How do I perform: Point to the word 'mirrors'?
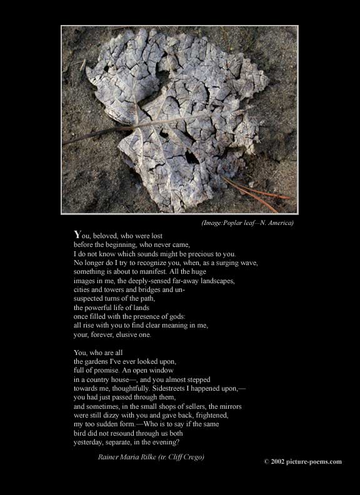coord(229,406)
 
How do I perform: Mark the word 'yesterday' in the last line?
coord(89,442)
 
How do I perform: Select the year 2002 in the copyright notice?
coord(279,461)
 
